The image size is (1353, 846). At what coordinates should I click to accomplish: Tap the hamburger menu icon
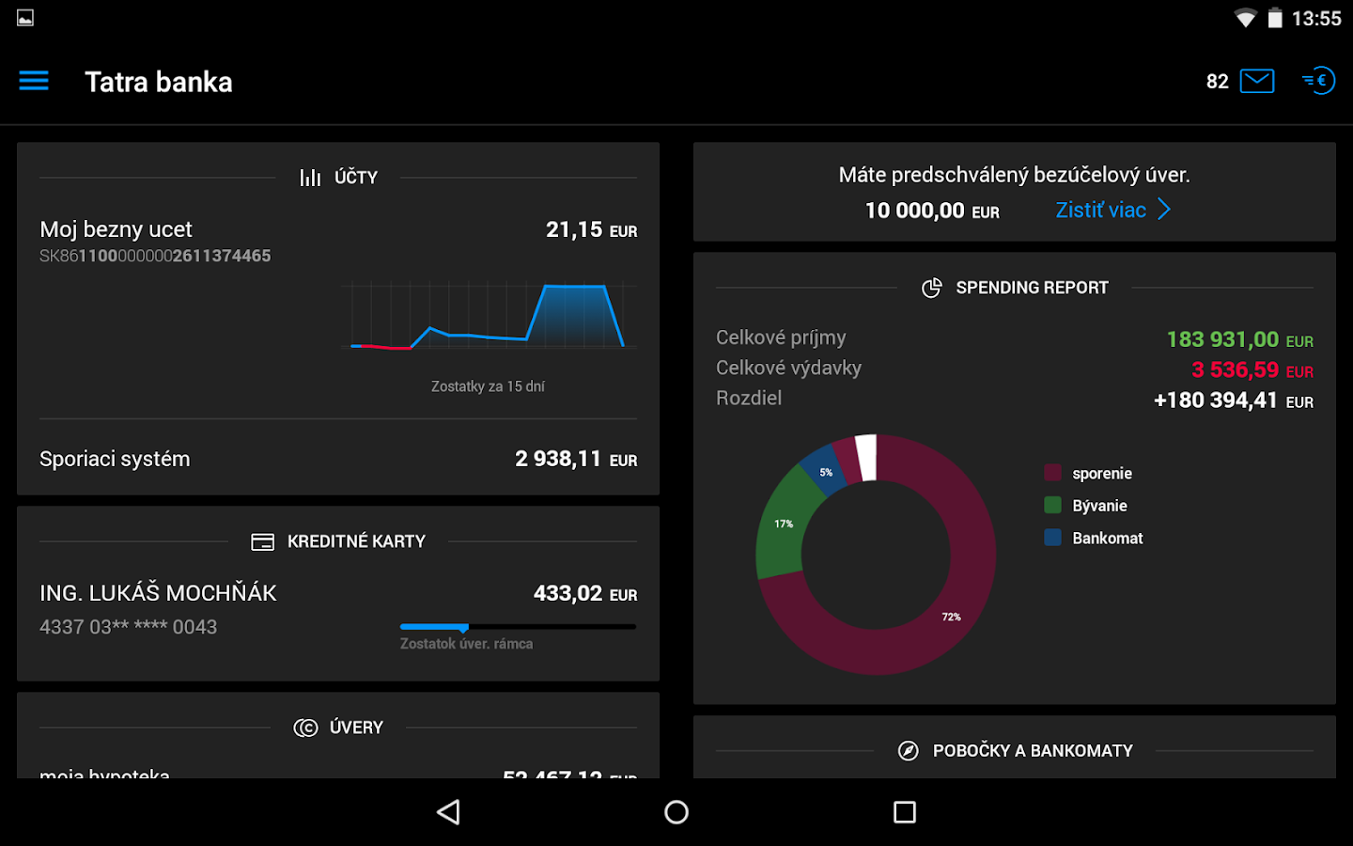point(34,81)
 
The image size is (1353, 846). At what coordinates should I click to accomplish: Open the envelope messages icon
point(1256,81)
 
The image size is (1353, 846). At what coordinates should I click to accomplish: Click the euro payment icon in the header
point(1319,81)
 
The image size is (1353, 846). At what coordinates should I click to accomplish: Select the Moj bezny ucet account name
point(116,229)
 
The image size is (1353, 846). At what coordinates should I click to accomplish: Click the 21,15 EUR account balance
point(591,230)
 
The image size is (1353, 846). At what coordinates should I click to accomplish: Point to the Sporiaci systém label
point(115,459)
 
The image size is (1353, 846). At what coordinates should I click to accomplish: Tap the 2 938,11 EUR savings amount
point(575,459)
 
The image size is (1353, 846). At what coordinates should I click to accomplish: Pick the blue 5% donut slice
point(824,471)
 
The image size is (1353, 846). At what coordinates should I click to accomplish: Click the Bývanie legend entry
point(1098,506)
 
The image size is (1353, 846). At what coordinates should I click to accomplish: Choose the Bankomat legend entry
point(1106,538)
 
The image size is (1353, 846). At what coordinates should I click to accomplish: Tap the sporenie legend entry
point(1101,474)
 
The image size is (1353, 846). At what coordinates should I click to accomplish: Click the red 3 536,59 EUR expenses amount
point(1251,370)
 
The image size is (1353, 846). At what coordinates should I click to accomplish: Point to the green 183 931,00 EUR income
point(1238,339)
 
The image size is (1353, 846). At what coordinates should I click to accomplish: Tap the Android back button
point(449,812)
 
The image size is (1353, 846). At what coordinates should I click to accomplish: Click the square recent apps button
point(904,812)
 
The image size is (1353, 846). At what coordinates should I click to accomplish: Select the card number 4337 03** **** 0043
point(128,627)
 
